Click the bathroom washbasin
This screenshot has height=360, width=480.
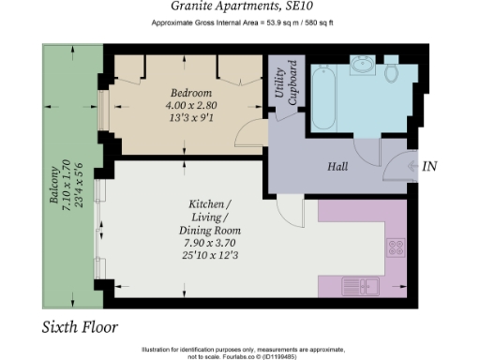point(362,66)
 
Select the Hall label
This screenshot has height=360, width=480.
point(338,167)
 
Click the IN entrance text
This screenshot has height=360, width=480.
point(430,167)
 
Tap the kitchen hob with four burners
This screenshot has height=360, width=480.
point(396,248)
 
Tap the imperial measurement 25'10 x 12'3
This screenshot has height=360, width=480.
point(210,255)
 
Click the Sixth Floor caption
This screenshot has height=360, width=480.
point(80,327)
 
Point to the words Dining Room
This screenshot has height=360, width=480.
point(210,230)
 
